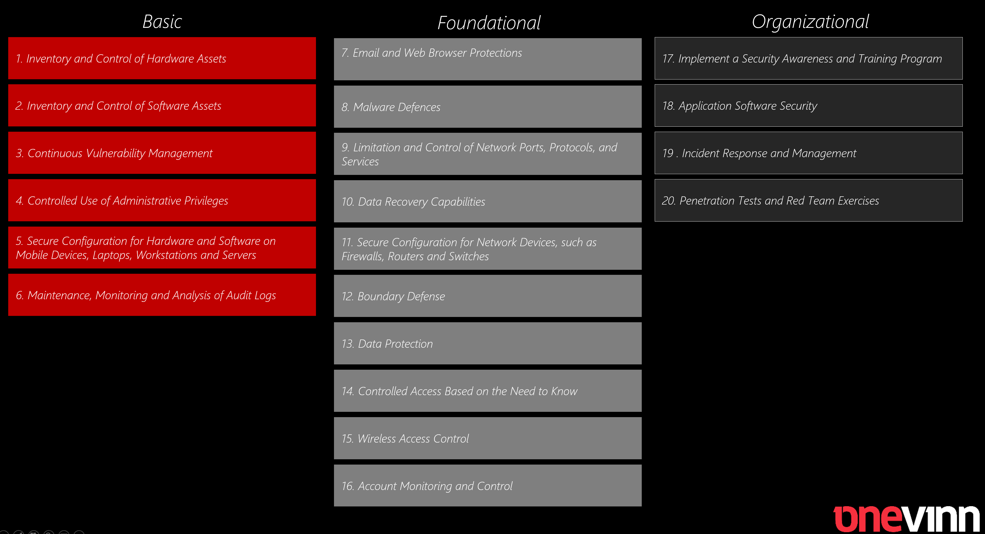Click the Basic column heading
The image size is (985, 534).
coord(162,21)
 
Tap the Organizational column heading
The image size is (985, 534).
coord(810,22)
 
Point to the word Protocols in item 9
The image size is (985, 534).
coord(572,148)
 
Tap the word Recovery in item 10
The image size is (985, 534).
coord(406,202)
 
